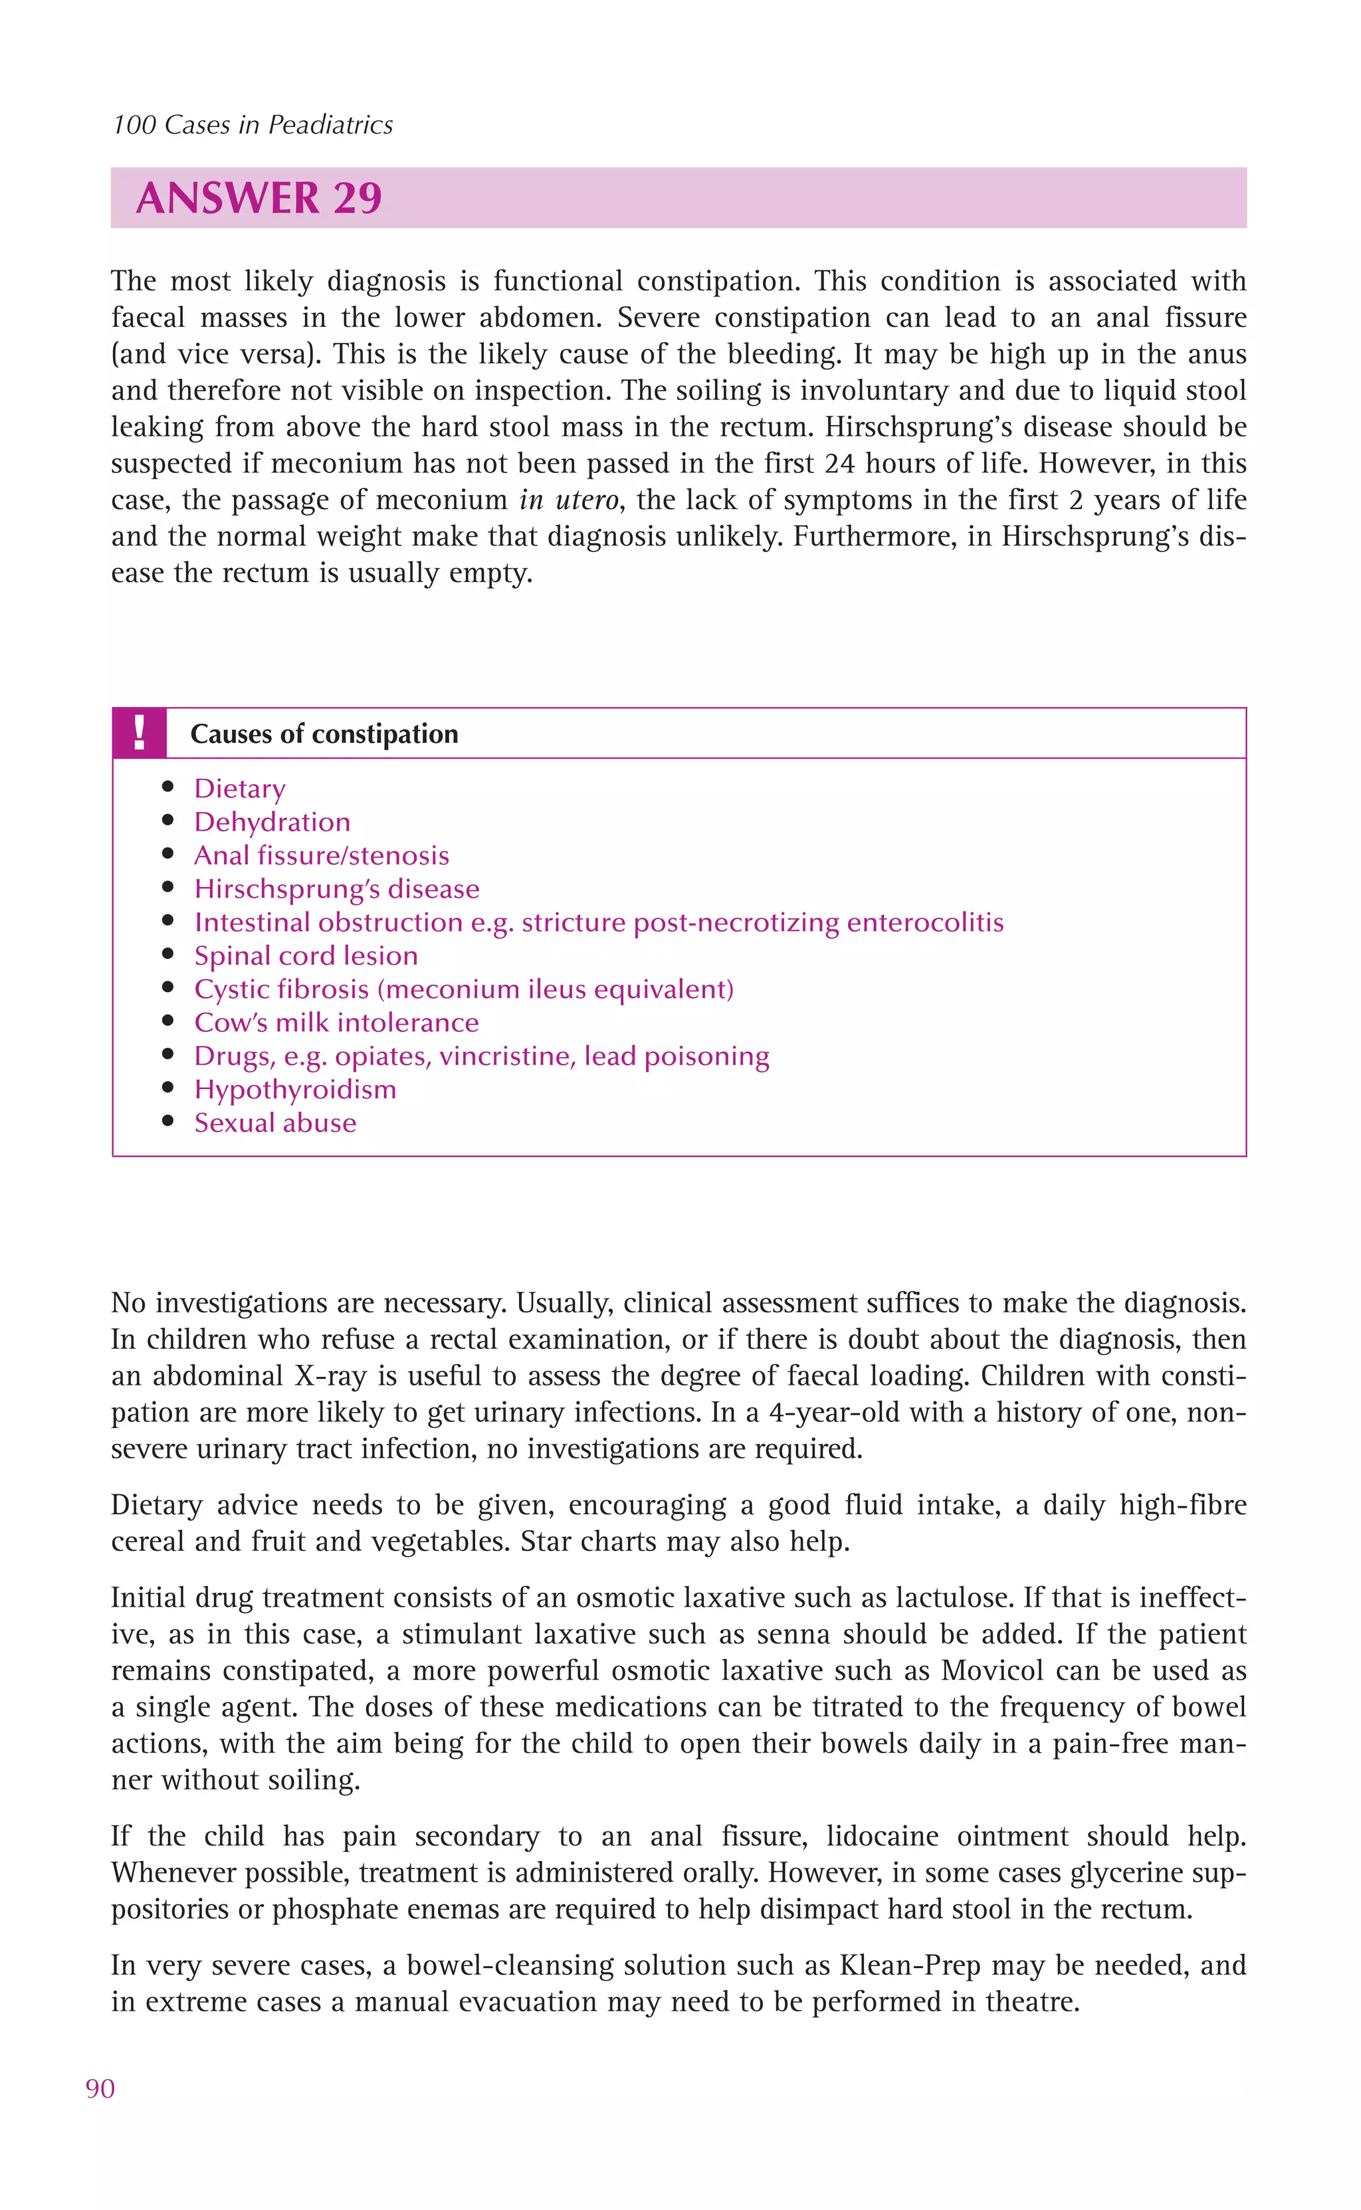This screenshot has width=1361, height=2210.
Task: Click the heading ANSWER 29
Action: [259, 198]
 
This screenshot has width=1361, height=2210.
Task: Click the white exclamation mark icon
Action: [139, 734]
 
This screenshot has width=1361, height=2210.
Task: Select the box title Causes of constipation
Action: [324, 734]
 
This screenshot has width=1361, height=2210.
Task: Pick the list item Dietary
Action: [239, 789]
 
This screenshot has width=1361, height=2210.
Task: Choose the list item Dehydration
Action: [272, 823]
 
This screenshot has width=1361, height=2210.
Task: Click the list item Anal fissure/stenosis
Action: [322, 856]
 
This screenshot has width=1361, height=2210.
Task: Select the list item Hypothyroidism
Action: [295, 1090]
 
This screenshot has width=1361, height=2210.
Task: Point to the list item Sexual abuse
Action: [275, 1123]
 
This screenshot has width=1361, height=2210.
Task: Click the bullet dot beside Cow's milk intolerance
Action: [167, 1022]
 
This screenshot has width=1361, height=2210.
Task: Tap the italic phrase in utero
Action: [569, 500]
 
